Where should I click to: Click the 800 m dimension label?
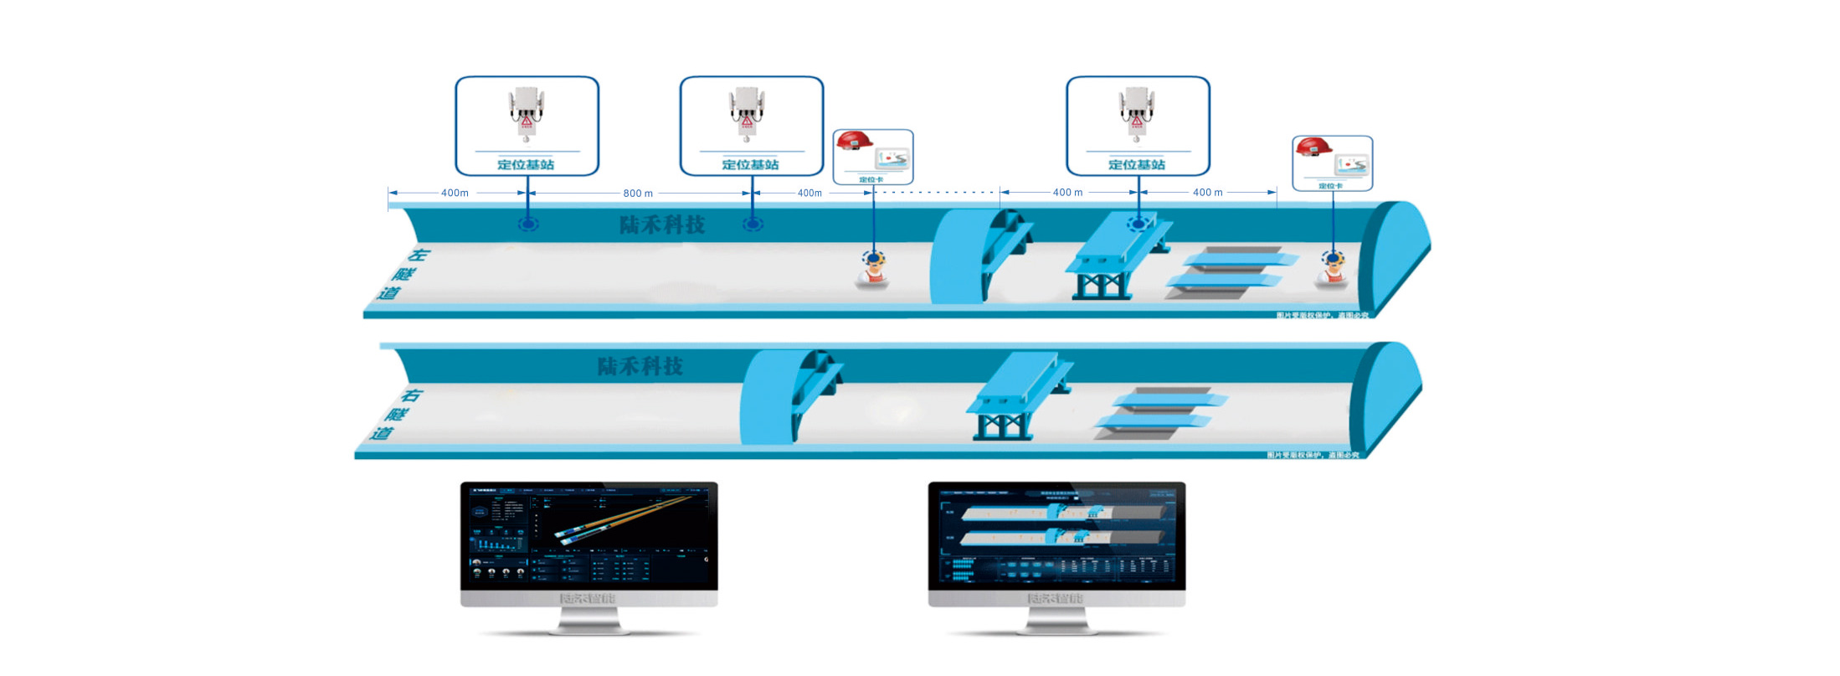pos(638,194)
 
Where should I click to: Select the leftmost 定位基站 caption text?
pos(526,164)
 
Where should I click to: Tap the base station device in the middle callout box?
pos(747,113)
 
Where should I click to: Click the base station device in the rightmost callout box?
pos(1136,113)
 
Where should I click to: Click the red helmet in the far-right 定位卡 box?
pos(1313,148)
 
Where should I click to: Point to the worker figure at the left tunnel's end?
pos(1331,270)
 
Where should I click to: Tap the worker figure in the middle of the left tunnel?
pos(873,270)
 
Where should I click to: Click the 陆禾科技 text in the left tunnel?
pos(662,224)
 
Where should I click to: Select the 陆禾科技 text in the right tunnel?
pos(640,366)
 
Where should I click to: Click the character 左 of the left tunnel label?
pos(417,255)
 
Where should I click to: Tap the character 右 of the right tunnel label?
pos(411,395)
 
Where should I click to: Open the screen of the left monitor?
pos(588,534)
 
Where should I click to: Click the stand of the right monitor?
pos(1056,621)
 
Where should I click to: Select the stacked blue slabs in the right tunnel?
pos(1159,411)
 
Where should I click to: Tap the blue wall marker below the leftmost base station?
pos(527,224)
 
